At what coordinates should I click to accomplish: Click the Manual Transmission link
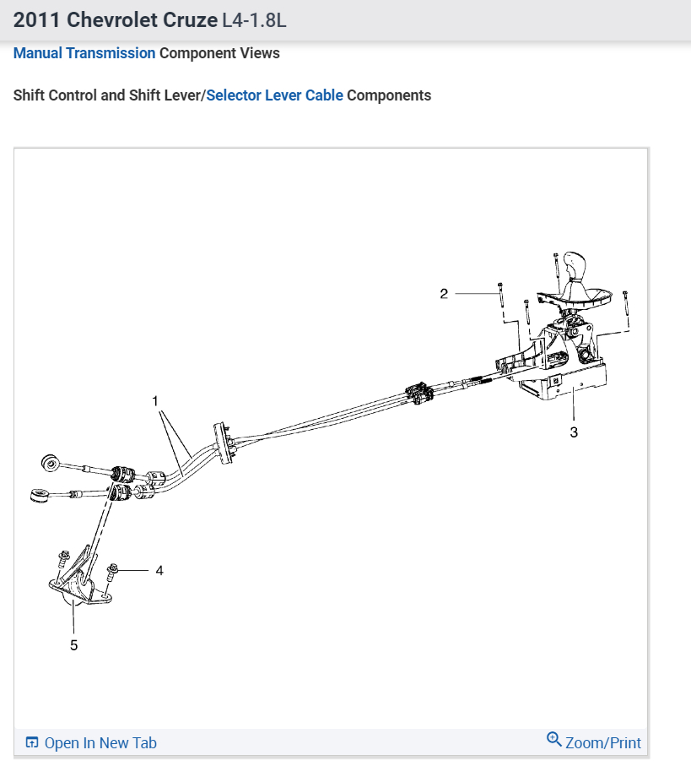tap(84, 53)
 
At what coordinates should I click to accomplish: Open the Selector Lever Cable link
tap(274, 95)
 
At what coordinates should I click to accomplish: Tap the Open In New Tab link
tap(100, 743)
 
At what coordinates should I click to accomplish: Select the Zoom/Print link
tap(602, 743)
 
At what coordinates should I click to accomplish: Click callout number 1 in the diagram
tap(155, 399)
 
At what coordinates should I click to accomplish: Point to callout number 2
tap(444, 294)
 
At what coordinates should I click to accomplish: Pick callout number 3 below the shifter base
tap(574, 432)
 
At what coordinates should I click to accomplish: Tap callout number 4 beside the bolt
tap(159, 571)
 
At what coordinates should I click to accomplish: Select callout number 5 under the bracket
tap(73, 644)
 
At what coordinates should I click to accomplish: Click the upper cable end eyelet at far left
tap(50, 462)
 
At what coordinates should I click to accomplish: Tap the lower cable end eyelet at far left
tap(38, 495)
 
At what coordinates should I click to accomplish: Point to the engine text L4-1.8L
tap(254, 19)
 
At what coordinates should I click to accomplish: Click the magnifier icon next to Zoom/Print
tap(554, 740)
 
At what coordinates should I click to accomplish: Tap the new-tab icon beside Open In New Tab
tap(32, 743)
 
